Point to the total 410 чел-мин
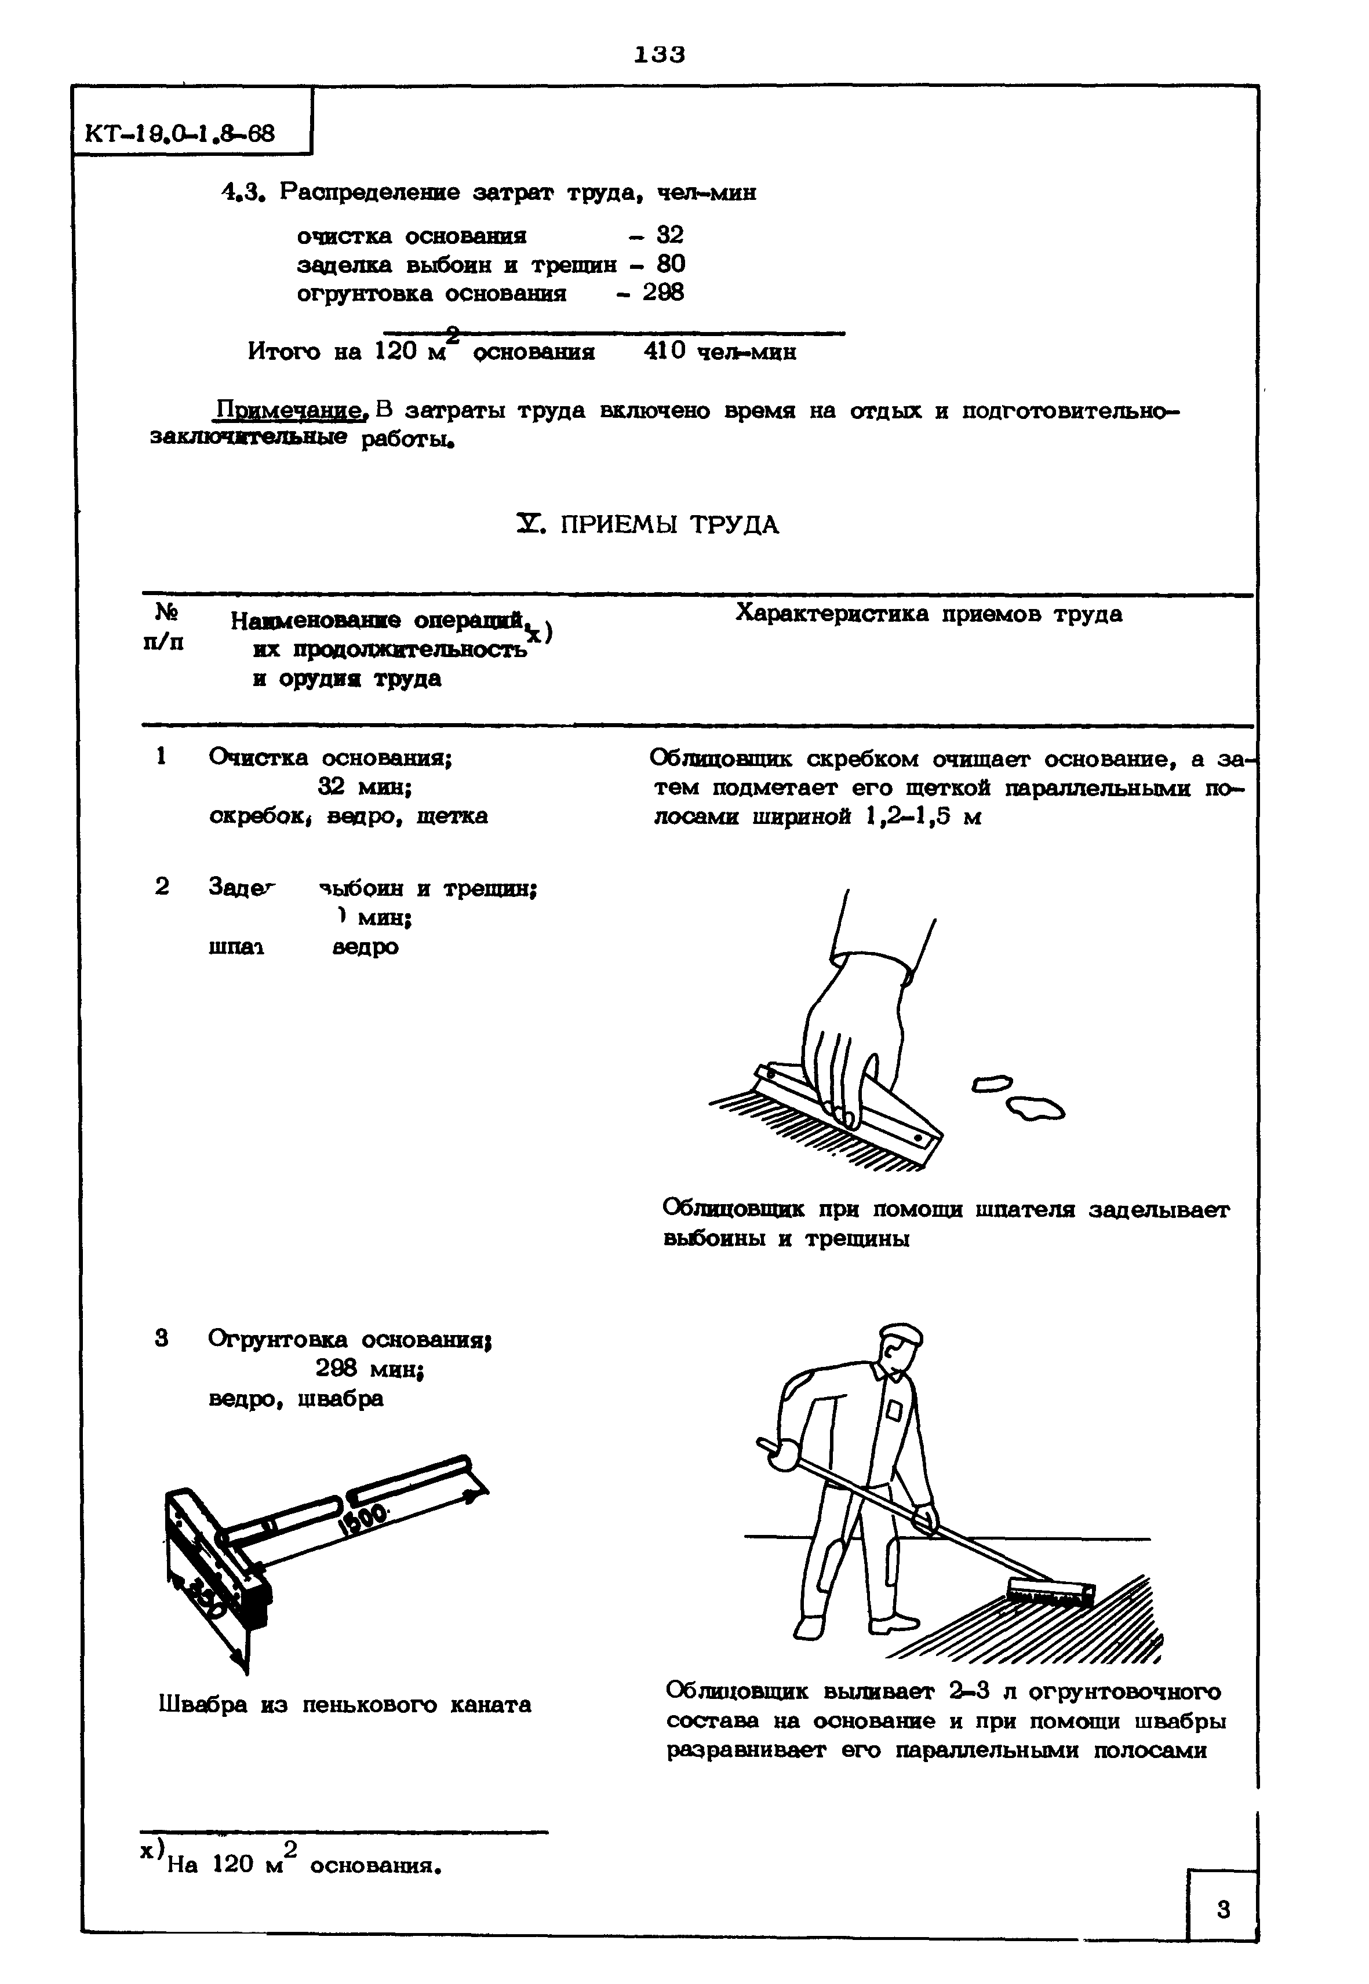[x=719, y=352]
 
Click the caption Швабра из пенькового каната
[x=345, y=1705]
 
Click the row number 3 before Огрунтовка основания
[x=161, y=1339]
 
